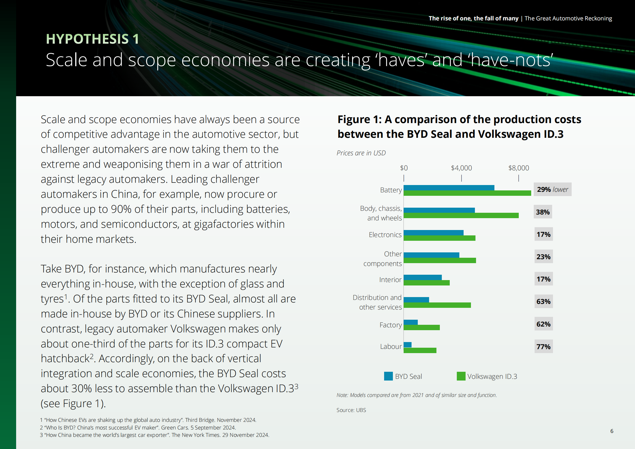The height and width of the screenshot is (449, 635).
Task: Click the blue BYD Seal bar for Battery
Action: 449,188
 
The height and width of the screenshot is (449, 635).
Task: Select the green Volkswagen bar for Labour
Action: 420,350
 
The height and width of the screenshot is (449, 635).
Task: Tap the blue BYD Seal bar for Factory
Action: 411,322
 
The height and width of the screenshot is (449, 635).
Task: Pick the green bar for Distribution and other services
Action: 437,305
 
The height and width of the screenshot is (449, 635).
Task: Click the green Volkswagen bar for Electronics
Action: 439,238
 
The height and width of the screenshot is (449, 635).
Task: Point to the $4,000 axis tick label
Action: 461,168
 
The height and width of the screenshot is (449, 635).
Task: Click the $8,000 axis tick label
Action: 518,168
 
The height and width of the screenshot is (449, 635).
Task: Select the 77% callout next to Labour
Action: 543,347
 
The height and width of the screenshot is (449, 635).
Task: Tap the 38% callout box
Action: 543,212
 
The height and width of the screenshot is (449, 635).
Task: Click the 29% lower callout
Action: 552,190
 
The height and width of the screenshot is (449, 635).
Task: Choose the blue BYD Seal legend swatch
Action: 388,376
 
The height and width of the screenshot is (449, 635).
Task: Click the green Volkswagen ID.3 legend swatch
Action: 461,376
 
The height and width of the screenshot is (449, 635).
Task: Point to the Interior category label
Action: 390,280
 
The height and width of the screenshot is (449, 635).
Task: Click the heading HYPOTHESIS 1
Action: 92,39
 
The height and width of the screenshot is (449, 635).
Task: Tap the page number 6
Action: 612,431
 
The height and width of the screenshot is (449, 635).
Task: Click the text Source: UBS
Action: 351,410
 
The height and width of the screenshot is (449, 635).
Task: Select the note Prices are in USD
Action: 361,153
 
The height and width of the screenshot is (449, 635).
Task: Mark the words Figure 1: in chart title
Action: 360,120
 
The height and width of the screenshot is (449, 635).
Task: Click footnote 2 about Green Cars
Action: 138,427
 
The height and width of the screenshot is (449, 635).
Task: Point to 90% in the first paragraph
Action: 121,209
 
